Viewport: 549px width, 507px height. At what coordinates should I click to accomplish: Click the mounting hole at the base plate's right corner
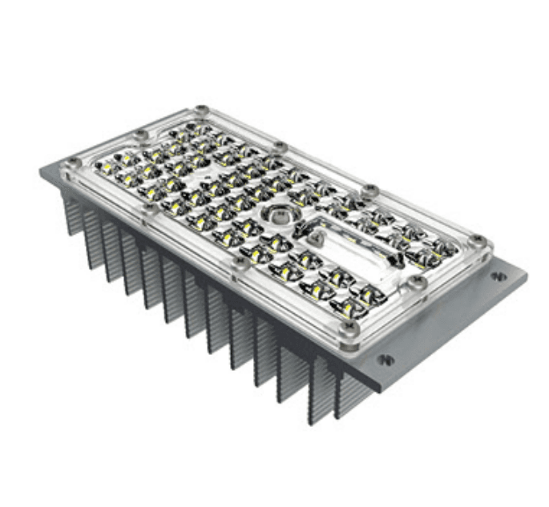[499, 276]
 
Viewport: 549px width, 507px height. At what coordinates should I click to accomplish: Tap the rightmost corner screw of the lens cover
[478, 239]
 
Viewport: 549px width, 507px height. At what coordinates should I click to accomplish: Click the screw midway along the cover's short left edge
[142, 133]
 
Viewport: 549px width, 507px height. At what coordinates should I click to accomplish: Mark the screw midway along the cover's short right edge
[417, 280]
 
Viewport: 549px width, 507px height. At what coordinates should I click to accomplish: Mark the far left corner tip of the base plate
[41, 170]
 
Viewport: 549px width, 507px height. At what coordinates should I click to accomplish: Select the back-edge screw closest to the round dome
[279, 147]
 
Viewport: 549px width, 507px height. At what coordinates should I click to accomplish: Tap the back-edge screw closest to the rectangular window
[369, 190]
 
